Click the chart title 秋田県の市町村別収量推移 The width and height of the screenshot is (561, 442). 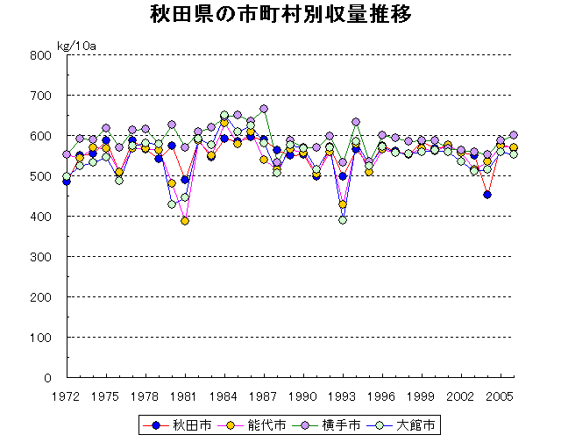point(280,16)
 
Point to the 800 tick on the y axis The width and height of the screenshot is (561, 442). point(42,55)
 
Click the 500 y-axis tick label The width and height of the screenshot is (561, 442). point(42,176)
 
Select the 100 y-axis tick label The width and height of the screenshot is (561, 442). point(42,338)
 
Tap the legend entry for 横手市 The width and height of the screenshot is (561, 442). point(330,425)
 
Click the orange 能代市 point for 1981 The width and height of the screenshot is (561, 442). point(185,221)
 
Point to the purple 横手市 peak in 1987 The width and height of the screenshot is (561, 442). point(264,110)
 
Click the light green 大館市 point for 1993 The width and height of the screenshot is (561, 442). point(343,220)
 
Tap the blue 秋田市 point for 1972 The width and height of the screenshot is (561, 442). point(67,182)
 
